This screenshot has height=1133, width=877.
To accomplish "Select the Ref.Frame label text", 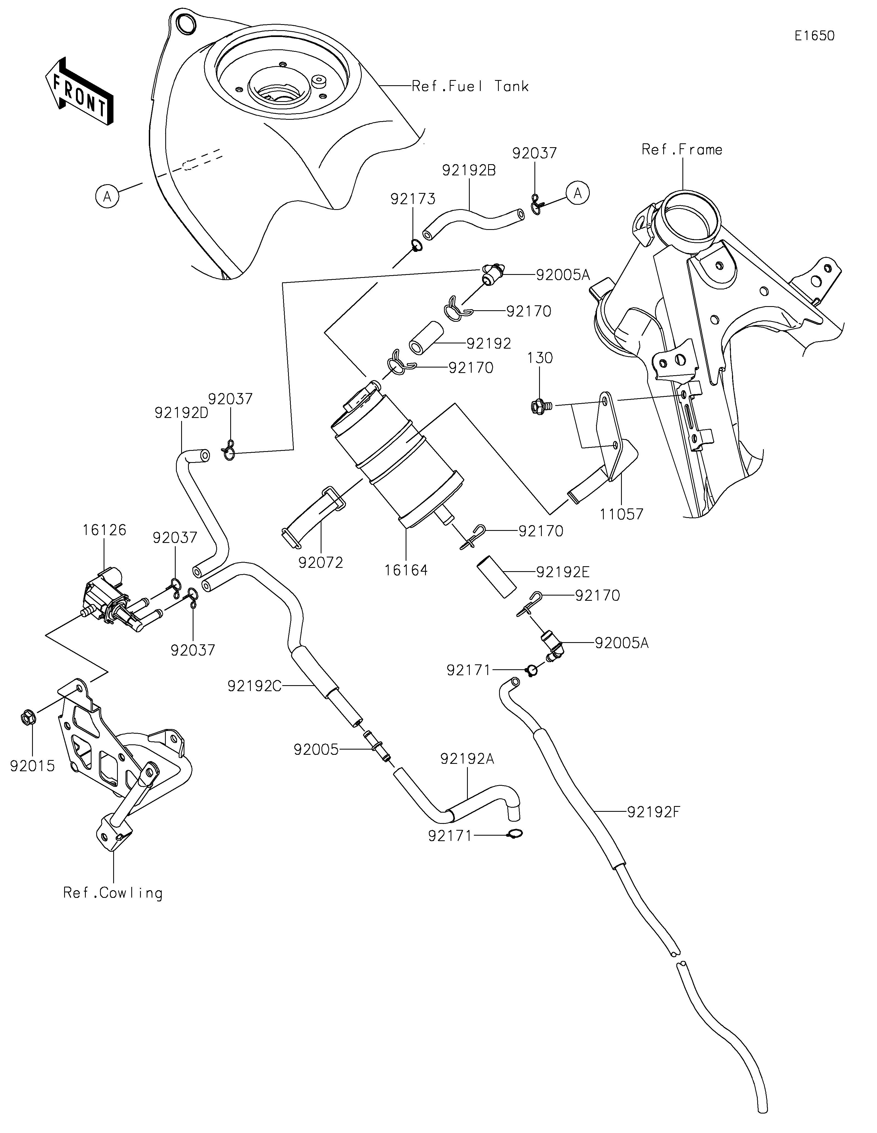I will pos(682,150).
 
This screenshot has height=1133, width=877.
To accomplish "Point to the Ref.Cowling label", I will pos(113,893).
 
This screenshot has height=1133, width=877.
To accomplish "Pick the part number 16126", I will pos(104,530).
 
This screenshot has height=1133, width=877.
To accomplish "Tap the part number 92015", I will pos(32,766).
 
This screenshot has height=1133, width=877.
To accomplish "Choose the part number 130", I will pos(540,358).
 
